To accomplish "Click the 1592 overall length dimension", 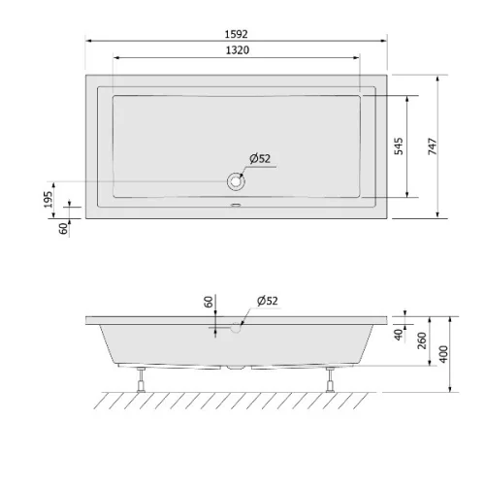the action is point(236,34).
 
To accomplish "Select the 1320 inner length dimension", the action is point(238,50).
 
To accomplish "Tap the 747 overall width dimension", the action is point(433,146).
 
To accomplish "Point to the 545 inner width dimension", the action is point(399,146).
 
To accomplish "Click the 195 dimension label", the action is point(48,200).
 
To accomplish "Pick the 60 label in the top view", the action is point(64,228).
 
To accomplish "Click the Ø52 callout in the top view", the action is point(260,158).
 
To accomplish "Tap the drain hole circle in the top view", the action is point(236,181).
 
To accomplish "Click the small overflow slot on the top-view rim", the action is point(236,205).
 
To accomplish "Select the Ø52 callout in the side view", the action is point(268,301).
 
